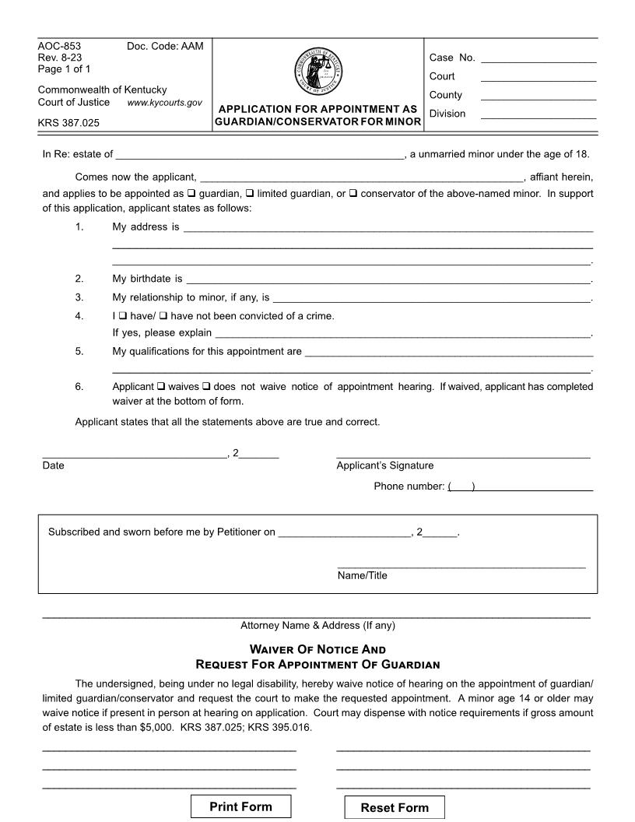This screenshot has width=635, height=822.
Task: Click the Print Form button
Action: coord(240,806)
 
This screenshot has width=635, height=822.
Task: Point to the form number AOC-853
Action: coord(59,46)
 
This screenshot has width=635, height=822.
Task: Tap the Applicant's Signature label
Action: coord(384,465)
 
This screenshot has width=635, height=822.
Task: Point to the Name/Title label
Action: coord(362,576)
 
